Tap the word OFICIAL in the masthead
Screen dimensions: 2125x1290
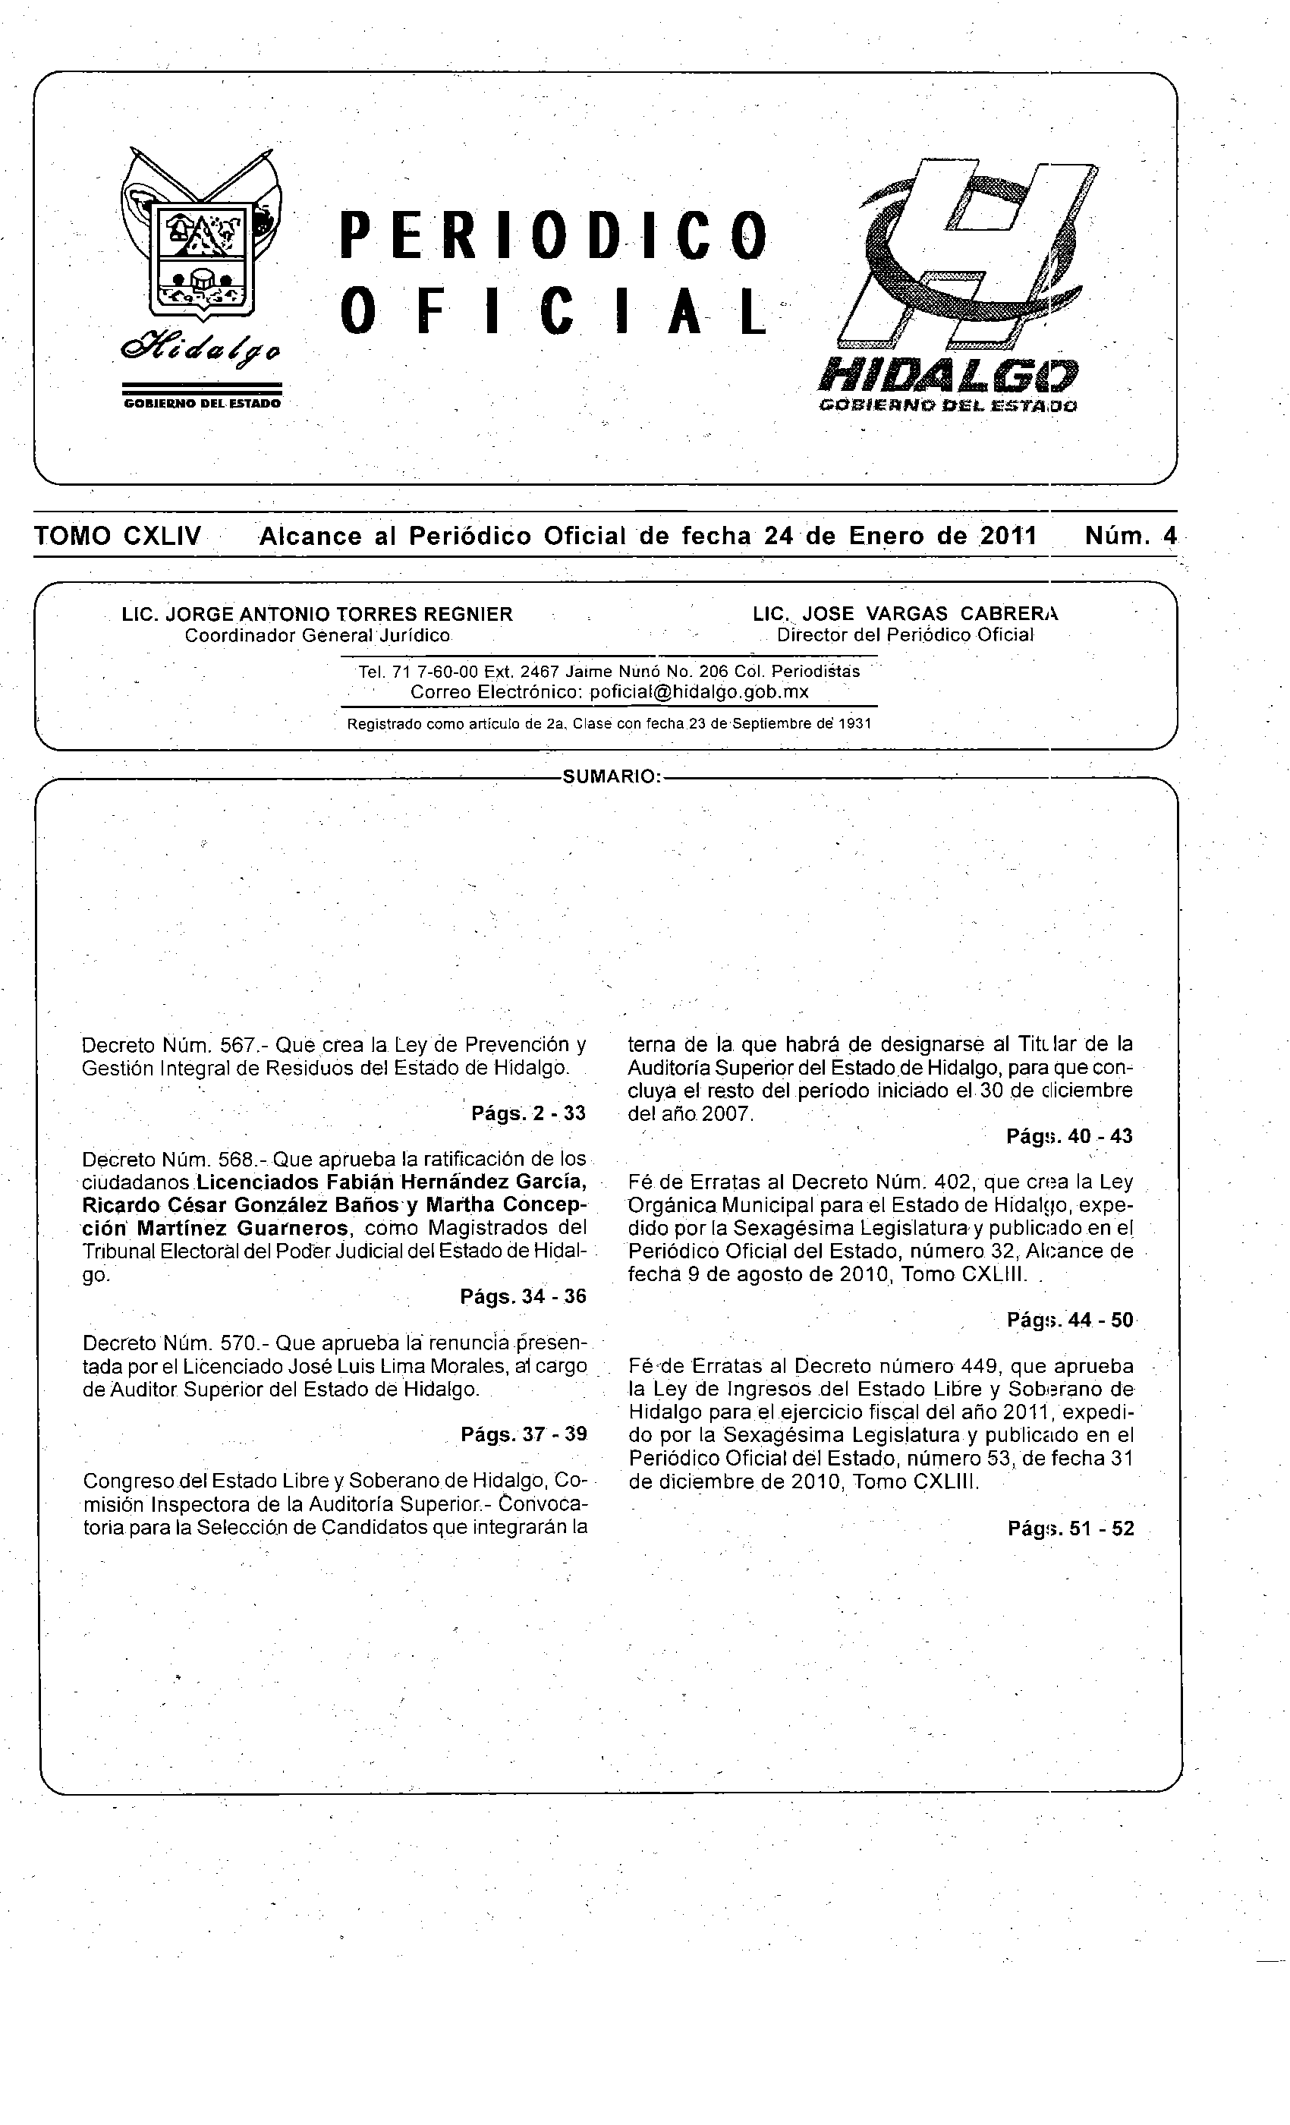pos(552,311)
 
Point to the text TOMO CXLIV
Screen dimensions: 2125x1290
pos(118,537)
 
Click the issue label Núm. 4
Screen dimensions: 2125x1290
pos(1130,537)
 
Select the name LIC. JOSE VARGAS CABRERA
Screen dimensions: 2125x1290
pos(905,614)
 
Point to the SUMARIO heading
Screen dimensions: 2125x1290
pos(611,777)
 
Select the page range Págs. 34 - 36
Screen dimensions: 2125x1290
pos(524,1296)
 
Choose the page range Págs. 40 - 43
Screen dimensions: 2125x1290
pos(1069,1137)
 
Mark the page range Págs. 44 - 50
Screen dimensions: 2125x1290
pos(1069,1321)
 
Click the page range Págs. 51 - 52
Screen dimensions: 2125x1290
pos(1070,1529)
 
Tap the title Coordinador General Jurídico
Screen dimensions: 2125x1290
pos(317,636)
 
